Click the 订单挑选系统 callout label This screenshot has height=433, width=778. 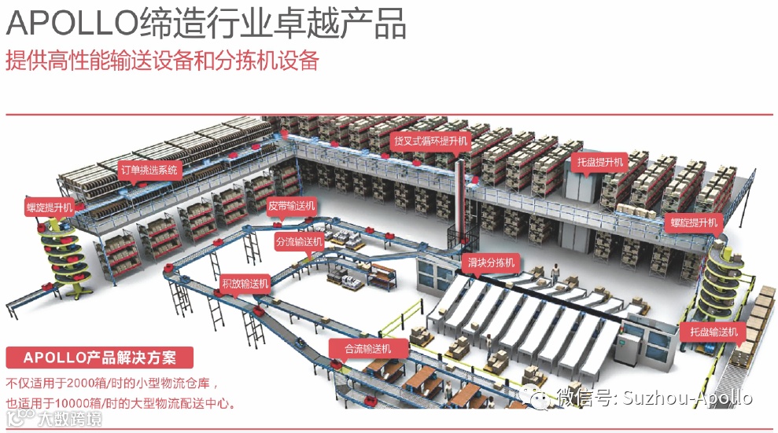149,169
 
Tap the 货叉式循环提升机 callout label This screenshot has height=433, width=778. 430,141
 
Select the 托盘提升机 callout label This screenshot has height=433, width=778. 599,163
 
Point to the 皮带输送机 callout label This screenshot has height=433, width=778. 291,207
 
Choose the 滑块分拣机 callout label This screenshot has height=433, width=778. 491,262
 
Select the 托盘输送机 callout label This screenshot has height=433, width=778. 714,332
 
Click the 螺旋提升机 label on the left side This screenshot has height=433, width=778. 49,207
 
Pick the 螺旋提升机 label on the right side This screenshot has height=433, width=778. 695,222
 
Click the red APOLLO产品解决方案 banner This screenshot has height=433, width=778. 100,358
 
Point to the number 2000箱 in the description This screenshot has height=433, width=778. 90,384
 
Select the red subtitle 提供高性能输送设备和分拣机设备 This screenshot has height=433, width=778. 161,61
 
